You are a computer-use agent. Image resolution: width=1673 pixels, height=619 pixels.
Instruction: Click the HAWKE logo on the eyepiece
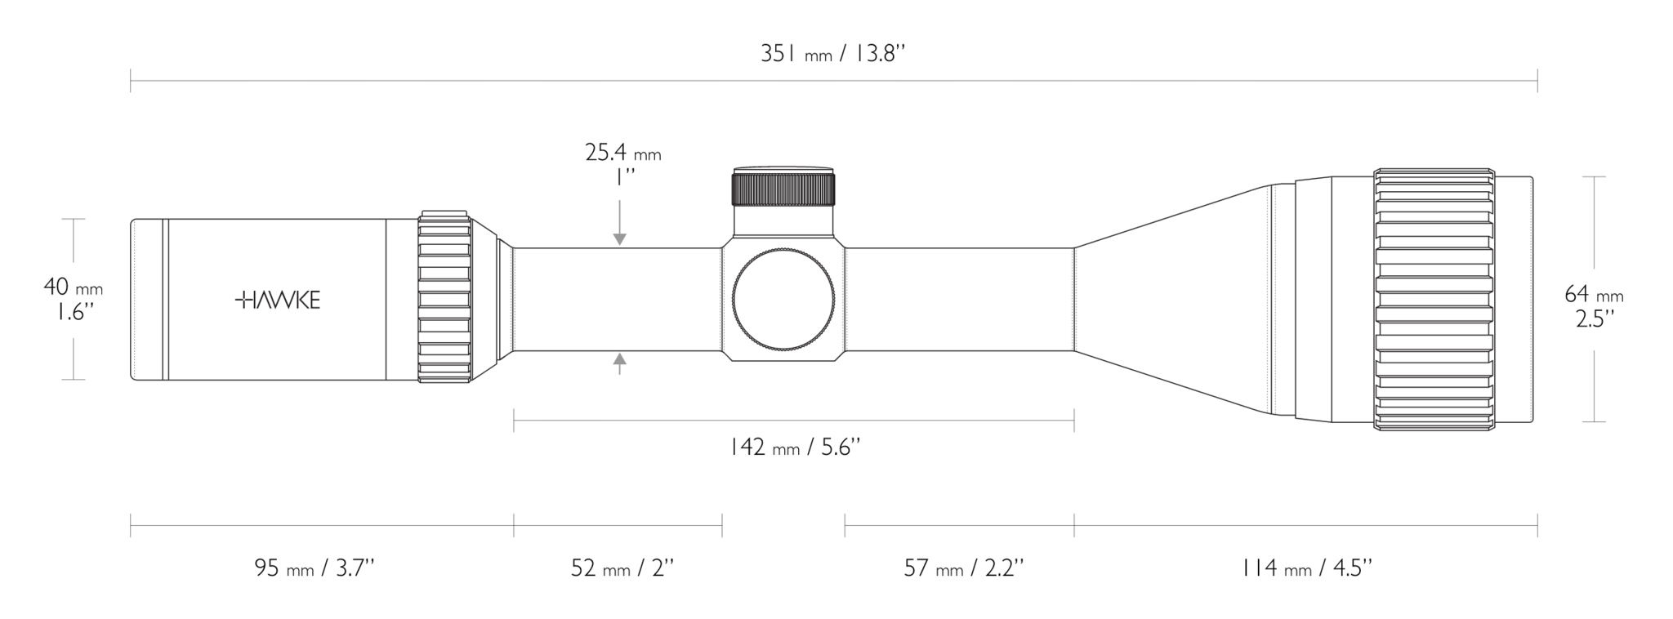(278, 301)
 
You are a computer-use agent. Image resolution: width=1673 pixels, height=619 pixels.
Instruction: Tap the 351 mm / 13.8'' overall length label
(833, 55)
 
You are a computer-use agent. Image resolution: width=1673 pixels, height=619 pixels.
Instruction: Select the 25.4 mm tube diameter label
(623, 153)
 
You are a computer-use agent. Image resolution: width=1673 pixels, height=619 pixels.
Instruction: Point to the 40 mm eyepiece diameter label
(73, 287)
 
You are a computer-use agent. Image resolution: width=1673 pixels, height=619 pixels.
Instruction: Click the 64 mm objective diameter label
(1594, 294)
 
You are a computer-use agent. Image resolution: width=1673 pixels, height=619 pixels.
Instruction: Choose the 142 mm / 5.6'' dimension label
(795, 448)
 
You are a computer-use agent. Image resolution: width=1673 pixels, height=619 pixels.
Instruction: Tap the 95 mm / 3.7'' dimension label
(315, 568)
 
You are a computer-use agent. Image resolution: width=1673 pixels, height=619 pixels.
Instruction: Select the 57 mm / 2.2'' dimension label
(964, 568)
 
